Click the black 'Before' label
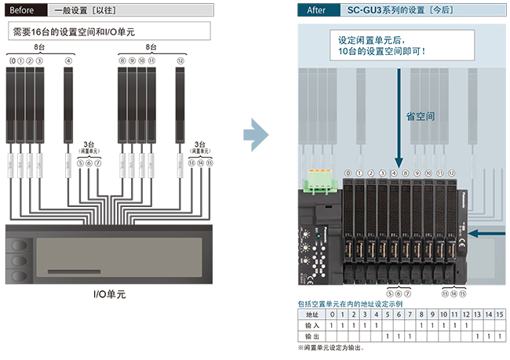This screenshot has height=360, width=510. (23, 11)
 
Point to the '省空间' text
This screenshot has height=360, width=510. (421, 115)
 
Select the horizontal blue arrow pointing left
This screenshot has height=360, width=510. (486, 233)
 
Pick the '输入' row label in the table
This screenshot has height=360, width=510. (312, 325)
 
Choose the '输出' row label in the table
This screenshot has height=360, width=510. (312, 336)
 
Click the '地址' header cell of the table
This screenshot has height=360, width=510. (312, 315)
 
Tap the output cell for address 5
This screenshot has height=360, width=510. (388, 336)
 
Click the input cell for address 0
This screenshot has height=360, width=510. (332, 325)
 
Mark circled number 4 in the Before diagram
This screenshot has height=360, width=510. (68, 60)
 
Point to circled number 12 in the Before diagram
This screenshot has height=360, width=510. (180, 60)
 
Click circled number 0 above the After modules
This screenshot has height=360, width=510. (348, 173)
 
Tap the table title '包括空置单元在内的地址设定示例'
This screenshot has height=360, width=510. (350, 303)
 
